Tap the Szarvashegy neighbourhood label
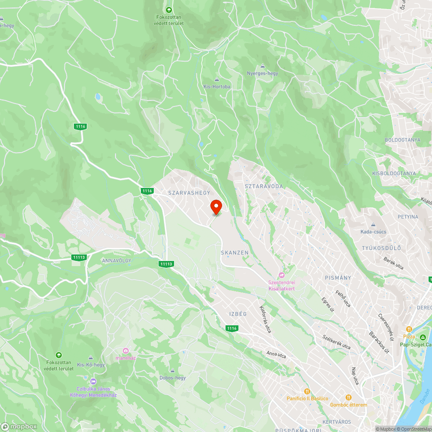(x=189, y=193)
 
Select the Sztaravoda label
(x=264, y=186)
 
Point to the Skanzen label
(x=235, y=252)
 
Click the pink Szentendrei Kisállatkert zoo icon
(x=282, y=275)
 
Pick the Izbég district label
(x=238, y=314)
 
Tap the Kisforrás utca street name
(x=265, y=319)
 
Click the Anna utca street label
(x=276, y=355)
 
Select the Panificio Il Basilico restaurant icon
(x=307, y=391)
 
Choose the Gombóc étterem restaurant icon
(x=348, y=397)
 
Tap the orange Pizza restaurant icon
(x=409, y=329)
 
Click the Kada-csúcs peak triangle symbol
(x=373, y=225)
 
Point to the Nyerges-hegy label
(x=262, y=73)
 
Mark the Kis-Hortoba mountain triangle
(x=217, y=79)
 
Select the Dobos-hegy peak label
(x=172, y=378)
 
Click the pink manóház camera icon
(x=126, y=350)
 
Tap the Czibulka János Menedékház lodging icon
(x=93, y=381)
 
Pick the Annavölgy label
(x=116, y=261)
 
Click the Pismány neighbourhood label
(x=338, y=278)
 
